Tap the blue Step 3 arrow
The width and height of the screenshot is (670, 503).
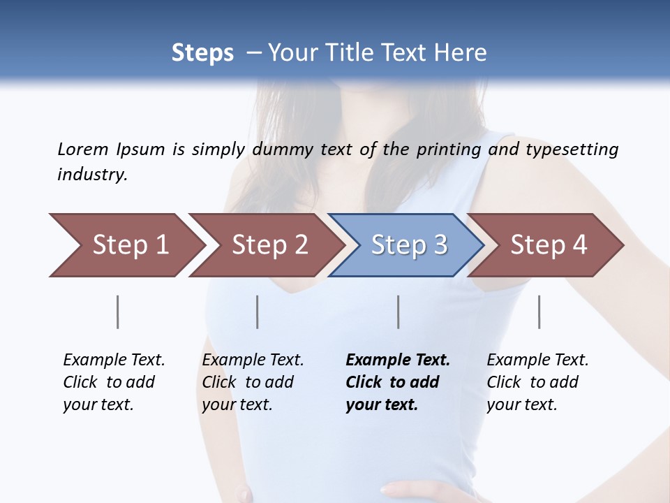click(409, 245)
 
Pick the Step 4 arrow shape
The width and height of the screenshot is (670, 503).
click(549, 245)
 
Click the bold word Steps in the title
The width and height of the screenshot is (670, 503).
click(202, 52)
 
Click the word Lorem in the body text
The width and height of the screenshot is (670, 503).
click(82, 149)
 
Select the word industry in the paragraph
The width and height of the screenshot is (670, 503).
click(92, 174)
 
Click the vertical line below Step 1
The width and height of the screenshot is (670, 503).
click(118, 312)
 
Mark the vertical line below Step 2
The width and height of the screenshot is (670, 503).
click(258, 312)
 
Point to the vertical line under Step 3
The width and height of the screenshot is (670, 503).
click(399, 312)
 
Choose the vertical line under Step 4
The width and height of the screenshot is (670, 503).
click(539, 312)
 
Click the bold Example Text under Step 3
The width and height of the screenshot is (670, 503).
click(398, 360)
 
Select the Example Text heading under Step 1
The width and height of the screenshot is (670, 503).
click(114, 360)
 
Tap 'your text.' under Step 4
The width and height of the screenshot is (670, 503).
click(521, 404)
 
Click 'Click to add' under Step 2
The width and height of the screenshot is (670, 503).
click(248, 382)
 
